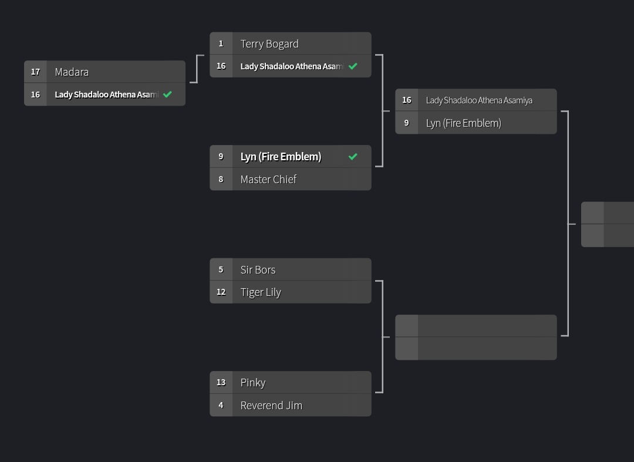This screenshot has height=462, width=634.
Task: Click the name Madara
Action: click(x=72, y=72)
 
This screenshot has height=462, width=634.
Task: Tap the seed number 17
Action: click(x=35, y=72)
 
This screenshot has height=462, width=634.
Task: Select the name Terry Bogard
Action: click(x=269, y=44)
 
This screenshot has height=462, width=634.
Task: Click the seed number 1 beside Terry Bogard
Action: click(x=221, y=44)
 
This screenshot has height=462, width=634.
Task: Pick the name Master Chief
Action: click(x=268, y=180)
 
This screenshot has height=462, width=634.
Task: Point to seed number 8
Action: click(x=221, y=180)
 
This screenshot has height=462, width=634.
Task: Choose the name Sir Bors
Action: click(x=258, y=270)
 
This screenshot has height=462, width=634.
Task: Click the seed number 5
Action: click(x=221, y=270)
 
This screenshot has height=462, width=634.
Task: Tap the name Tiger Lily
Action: click(x=261, y=292)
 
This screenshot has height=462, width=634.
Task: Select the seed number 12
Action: click(x=221, y=292)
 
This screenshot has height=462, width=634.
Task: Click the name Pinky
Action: click(x=253, y=383)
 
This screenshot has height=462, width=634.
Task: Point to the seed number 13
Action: click(x=221, y=383)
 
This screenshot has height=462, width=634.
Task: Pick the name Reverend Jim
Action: click(x=271, y=406)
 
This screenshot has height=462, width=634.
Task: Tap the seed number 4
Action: click(x=221, y=406)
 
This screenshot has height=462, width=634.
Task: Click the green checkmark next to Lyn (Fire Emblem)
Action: click(x=353, y=157)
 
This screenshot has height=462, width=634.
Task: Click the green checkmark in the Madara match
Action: click(x=167, y=95)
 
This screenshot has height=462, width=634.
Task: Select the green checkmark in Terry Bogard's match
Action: click(x=353, y=66)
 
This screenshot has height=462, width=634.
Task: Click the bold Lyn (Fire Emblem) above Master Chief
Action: click(x=281, y=157)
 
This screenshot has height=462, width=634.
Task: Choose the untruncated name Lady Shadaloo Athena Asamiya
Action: click(x=479, y=100)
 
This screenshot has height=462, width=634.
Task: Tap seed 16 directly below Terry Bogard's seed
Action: click(x=221, y=66)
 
